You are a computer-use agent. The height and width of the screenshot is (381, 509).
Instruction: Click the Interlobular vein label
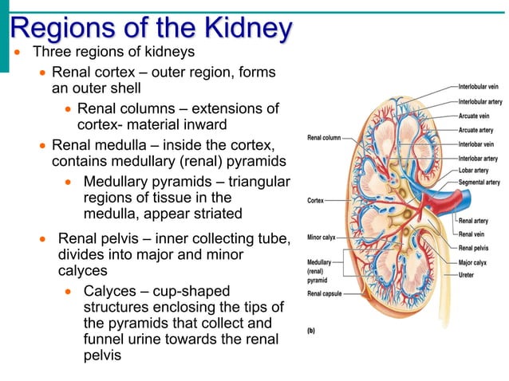pyautogui.click(x=479, y=85)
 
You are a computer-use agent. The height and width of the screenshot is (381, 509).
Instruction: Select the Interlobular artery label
pyautogui.click(x=480, y=101)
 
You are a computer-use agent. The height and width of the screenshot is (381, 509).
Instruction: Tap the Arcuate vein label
pyautogui.click(x=474, y=116)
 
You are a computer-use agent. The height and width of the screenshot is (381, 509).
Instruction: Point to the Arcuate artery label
pyautogui.click(x=475, y=130)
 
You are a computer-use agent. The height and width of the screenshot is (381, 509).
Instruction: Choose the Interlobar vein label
pyautogui.click(x=476, y=144)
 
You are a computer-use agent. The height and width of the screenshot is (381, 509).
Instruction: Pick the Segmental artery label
pyautogui.click(x=479, y=182)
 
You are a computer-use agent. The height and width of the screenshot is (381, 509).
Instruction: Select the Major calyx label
pyautogui.click(x=473, y=262)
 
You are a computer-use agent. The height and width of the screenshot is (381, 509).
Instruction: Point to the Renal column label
pyautogui.click(x=324, y=138)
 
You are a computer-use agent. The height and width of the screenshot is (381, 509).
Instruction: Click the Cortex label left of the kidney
pyautogui.click(x=315, y=200)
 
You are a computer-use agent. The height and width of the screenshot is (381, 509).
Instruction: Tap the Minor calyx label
pyautogui.click(x=322, y=237)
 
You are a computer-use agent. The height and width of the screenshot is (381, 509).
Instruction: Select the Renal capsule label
pyautogui.click(x=324, y=293)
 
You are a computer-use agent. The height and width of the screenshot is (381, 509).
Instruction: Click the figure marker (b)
pyautogui.click(x=313, y=328)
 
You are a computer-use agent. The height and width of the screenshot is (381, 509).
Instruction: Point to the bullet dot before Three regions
pyautogui.click(x=18, y=53)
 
